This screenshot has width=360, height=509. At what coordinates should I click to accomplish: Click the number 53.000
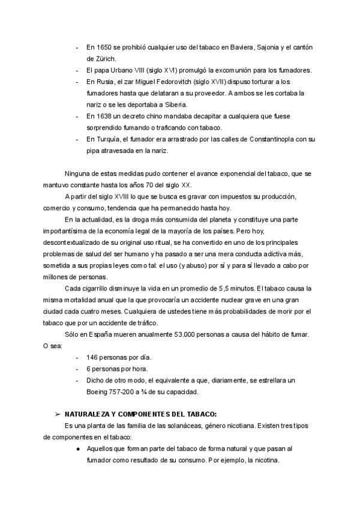pyautogui.click(x=170, y=334)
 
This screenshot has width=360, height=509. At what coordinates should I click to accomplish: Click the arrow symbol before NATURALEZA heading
pyautogui.click(x=58, y=415)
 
